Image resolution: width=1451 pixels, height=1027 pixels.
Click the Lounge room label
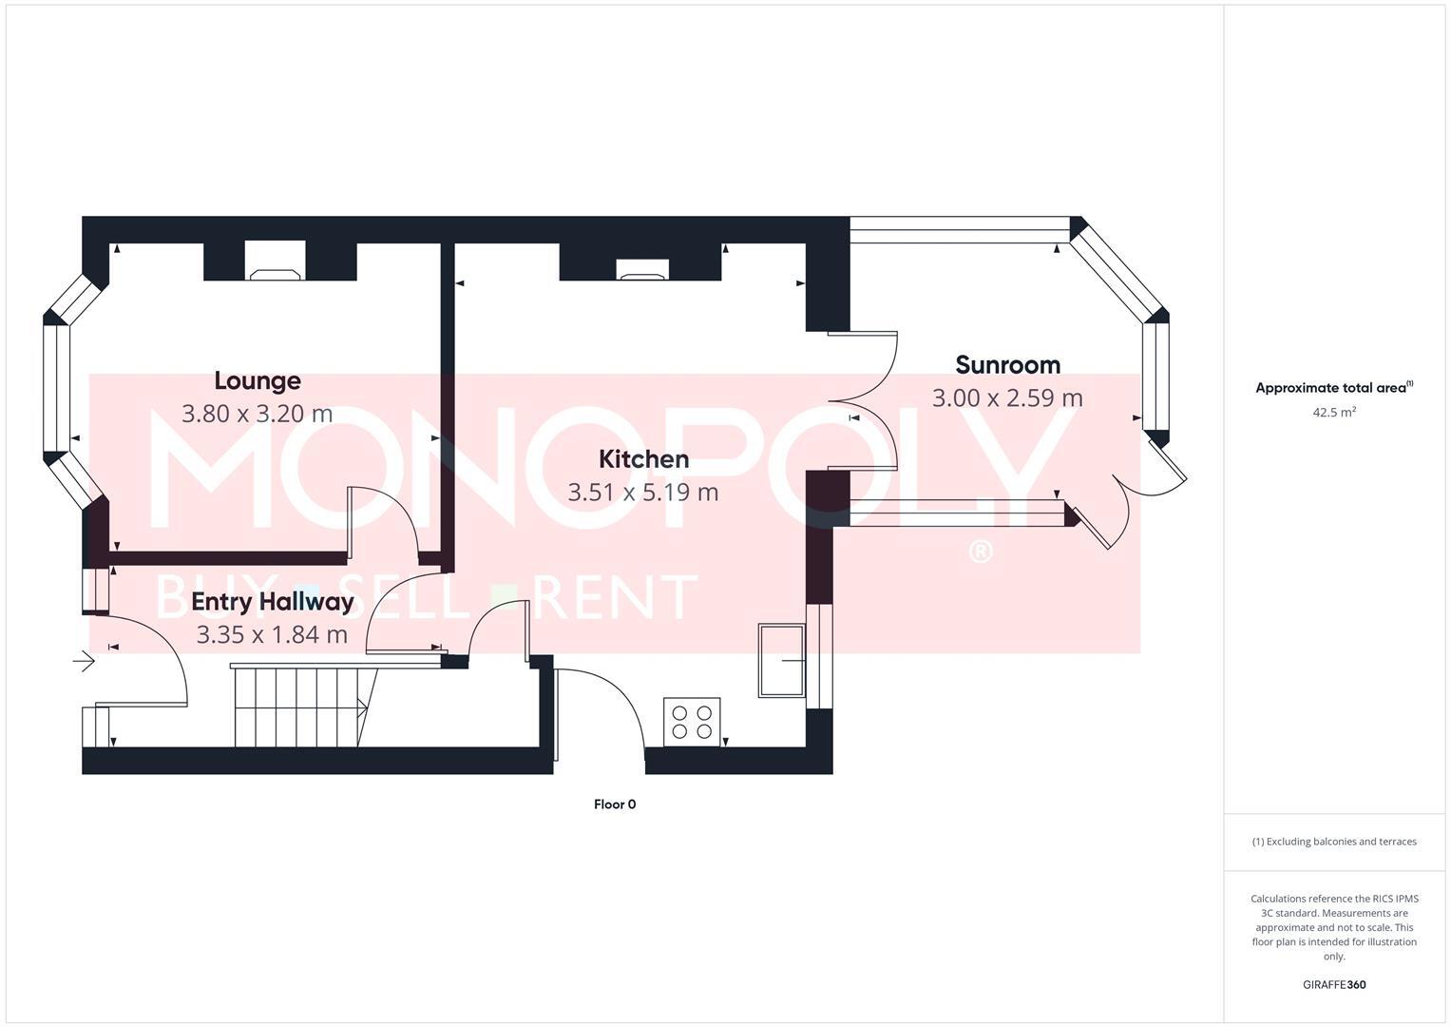258,381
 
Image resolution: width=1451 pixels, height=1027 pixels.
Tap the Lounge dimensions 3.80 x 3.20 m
258,414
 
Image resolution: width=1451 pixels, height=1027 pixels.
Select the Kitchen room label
643,459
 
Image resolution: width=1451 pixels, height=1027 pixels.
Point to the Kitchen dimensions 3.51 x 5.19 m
643,493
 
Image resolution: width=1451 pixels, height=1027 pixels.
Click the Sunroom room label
1007,365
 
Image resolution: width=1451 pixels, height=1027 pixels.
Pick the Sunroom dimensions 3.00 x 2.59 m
1007,398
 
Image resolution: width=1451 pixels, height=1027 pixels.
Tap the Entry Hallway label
273,602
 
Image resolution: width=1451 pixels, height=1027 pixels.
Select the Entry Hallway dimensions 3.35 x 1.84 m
273,634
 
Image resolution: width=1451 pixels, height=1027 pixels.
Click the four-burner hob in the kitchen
692,722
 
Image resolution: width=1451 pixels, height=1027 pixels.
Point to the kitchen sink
781,660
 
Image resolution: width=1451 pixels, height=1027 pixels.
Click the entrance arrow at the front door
85,660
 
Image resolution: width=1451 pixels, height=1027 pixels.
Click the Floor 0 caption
615,804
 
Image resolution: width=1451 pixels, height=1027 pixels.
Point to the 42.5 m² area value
1334,413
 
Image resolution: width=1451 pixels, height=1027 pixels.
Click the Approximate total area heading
1333,388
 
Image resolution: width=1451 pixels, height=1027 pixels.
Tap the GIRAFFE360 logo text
1334,984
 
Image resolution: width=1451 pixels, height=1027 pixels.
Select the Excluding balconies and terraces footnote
1334,842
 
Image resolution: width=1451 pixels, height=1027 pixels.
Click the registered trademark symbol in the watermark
980,552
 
